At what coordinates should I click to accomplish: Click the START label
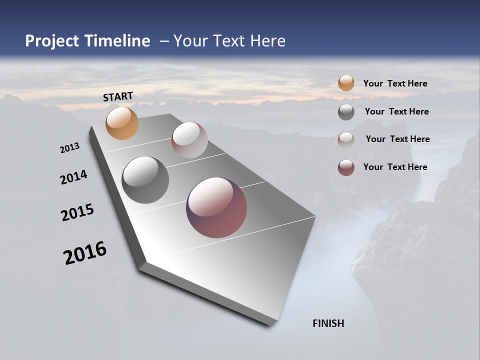[118, 96]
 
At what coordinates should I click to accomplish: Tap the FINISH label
[328, 323]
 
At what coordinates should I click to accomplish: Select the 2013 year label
[69, 148]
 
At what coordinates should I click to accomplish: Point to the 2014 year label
[73, 177]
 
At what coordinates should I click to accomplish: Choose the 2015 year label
[77, 212]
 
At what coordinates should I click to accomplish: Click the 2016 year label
[85, 253]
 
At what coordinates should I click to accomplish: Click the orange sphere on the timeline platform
[122, 123]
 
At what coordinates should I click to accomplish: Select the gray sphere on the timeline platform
[145, 180]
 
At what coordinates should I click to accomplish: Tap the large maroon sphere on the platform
[216, 207]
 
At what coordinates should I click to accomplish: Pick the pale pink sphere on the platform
[189, 140]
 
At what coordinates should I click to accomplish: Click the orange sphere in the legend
[346, 83]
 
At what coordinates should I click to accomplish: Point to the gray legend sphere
[346, 112]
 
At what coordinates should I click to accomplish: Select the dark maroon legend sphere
[346, 167]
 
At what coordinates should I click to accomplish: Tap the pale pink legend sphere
[346, 139]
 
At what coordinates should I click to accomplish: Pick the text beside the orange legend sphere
[395, 83]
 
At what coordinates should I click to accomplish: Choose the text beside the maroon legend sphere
[395, 167]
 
